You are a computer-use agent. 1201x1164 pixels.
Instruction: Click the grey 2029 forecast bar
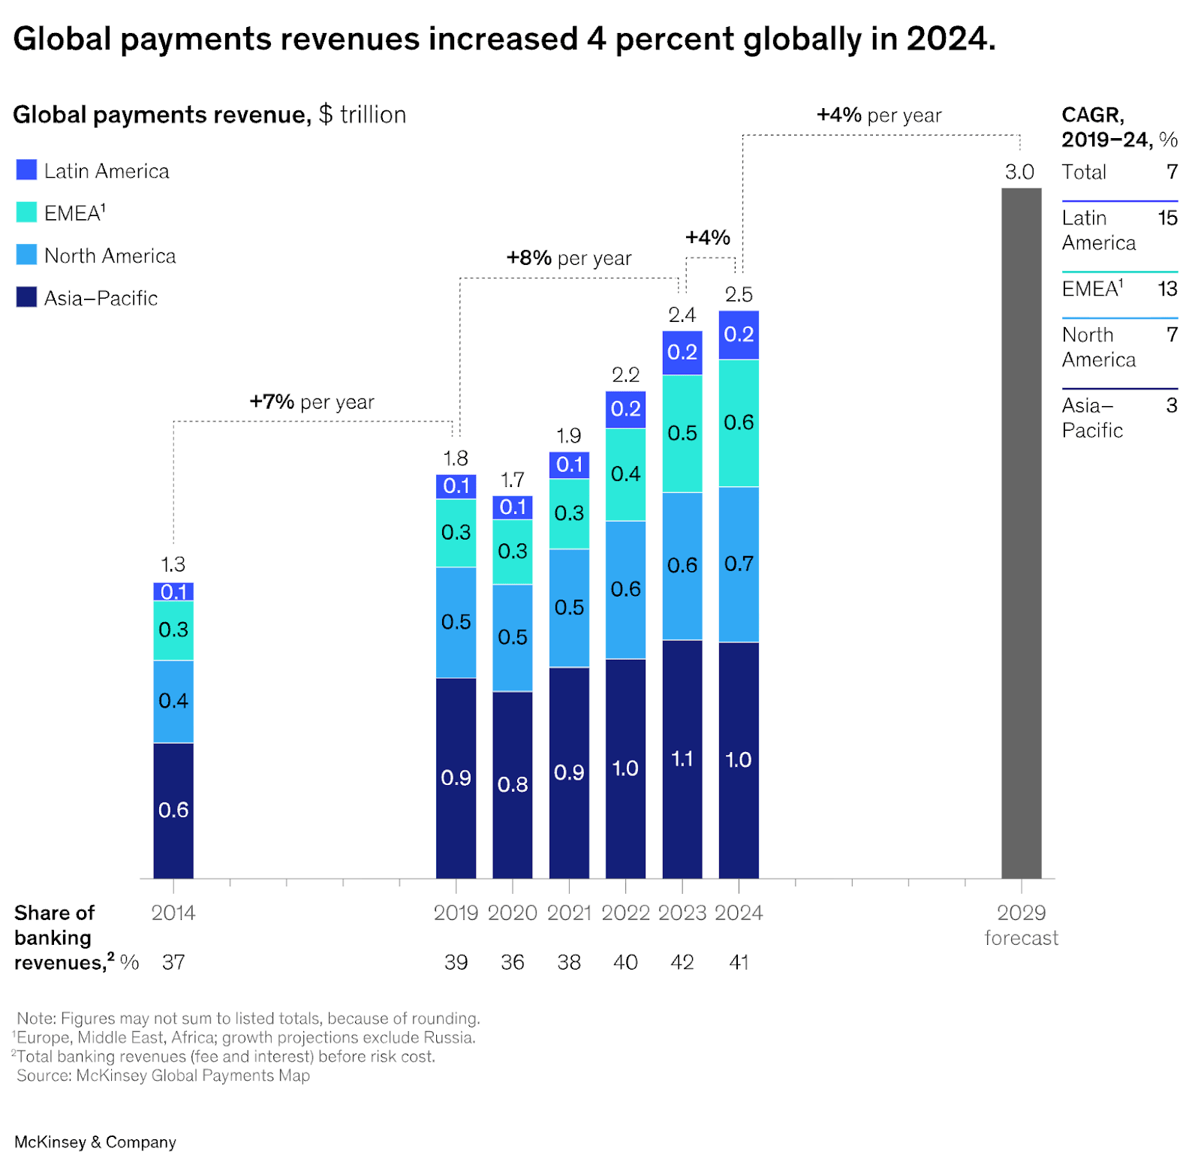click(1021, 533)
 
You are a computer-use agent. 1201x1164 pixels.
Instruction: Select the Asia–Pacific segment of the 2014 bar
click(173, 811)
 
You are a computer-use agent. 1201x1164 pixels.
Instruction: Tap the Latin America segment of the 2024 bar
click(739, 335)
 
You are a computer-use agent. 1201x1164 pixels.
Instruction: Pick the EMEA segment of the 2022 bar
click(625, 474)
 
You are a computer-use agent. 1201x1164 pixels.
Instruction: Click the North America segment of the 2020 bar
click(513, 637)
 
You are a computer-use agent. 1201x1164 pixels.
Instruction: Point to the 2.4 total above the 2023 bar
click(682, 314)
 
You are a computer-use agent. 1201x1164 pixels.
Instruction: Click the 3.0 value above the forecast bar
click(1019, 172)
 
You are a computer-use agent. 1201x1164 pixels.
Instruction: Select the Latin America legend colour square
click(26, 170)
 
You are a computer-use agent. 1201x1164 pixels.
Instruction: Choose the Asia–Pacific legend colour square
click(26, 297)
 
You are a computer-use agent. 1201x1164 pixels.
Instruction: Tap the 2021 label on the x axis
click(569, 913)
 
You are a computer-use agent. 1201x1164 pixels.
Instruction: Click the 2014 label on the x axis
click(173, 913)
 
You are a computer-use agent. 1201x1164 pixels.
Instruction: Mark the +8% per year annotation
click(568, 258)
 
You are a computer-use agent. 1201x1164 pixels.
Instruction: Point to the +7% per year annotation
click(312, 402)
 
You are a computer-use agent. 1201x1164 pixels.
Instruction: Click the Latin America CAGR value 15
click(1167, 218)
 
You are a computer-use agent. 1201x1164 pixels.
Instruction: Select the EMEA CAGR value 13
click(1167, 289)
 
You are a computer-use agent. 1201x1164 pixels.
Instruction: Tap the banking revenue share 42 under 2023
click(682, 962)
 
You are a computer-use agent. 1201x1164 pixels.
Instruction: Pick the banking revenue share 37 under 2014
click(173, 962)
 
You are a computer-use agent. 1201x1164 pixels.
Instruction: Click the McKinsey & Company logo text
click(95, 1141)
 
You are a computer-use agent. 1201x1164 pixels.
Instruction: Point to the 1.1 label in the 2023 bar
click(682, 759)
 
